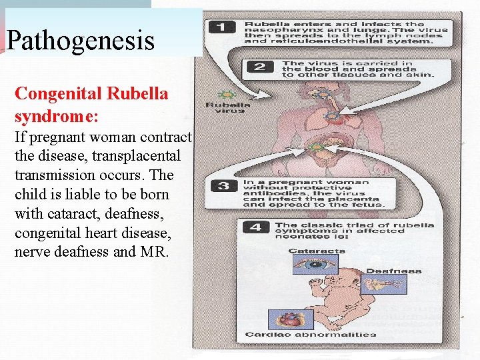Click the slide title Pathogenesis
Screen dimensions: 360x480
[x=80, y=41]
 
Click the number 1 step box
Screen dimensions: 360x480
[x=221, y=27]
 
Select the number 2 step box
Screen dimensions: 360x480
[x=259, y=67]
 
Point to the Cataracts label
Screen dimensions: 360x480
[x=317, y=251]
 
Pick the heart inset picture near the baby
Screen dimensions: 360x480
[x=290, y=319]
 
